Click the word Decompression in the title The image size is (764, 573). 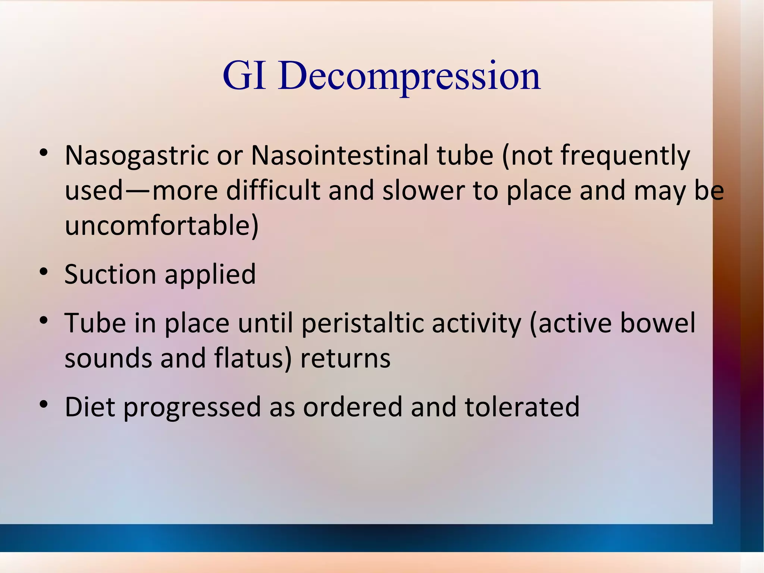(x=409, y=76)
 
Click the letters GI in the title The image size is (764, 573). (x=244, y=76)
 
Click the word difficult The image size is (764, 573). (x=273, y=190)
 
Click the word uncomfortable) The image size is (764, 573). (x=161, y=225)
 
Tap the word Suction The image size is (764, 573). (x=110, y=274)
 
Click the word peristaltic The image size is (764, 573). (x=362, y=323)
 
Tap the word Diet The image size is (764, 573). (x=90, y=407)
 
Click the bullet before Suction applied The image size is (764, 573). (x=44, y=272)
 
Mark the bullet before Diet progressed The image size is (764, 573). (x=44, y=405)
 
